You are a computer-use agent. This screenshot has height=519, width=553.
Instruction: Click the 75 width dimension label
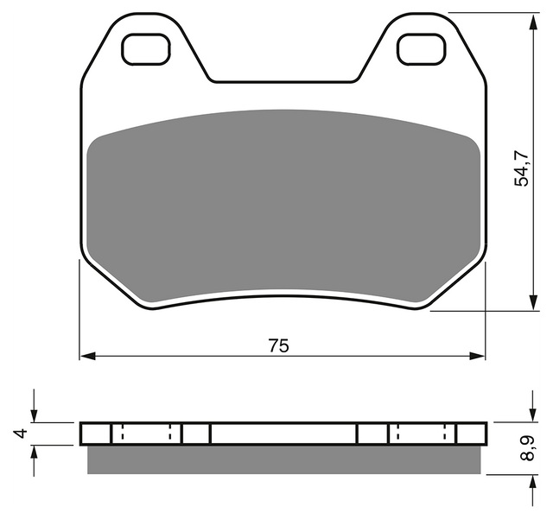tap(278, 345)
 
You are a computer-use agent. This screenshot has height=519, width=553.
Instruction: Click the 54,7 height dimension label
tap(522, 168)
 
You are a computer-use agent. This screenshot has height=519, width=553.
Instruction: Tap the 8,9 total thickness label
tap(527, 448)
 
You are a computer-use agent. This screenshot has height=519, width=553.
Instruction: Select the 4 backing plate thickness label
tap(22, 433)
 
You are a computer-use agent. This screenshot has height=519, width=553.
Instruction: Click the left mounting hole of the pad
tap(146, 49)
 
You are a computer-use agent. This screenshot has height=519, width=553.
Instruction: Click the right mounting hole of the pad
tap(421, 49)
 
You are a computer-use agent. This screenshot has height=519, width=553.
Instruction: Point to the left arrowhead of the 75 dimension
tap(88, 356)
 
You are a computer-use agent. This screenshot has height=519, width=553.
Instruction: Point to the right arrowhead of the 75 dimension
tap(477, 356)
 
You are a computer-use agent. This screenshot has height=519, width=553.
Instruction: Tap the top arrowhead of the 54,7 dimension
tap(534, 21)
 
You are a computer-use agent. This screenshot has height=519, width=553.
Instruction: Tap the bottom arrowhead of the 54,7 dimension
tap(534, 302)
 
